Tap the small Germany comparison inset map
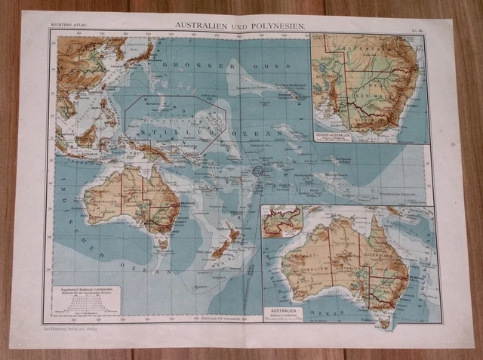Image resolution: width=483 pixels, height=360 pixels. tap(281, 221)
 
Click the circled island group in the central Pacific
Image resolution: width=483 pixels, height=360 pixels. tap(257, 172)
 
